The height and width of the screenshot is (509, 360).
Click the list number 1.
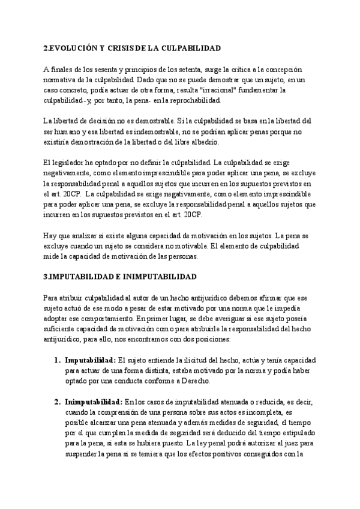coord(57,360)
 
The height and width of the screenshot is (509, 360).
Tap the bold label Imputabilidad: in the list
coord(90,360)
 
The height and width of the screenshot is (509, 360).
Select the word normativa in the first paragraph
coord(61,80)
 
